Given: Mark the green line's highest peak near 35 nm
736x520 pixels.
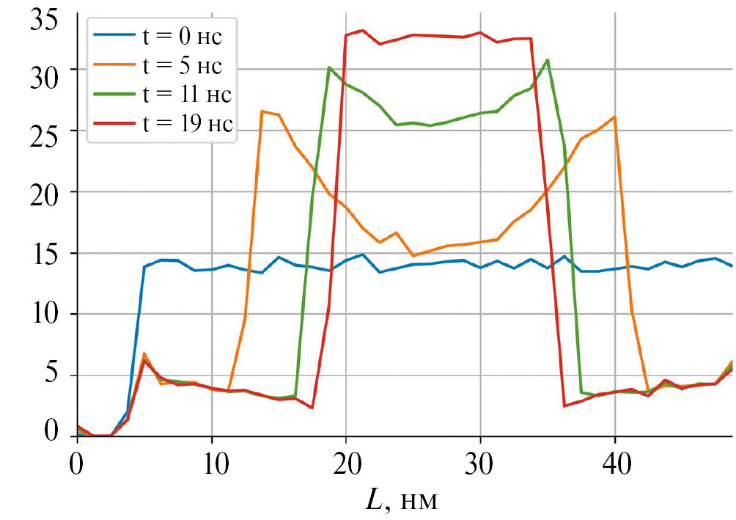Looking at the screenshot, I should [547, 60].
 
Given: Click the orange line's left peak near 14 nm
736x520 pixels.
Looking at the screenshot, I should [262, 111].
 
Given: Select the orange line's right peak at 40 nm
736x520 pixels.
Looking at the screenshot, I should [614, 117].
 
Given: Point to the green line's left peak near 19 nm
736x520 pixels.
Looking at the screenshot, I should [329, 67].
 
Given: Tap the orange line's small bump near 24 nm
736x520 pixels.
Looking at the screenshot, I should [396, 232].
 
